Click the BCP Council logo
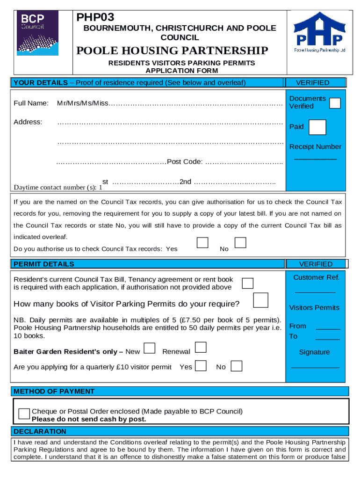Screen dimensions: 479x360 click(x=37, y=33)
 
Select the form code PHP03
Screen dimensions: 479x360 click(x=95, y=18)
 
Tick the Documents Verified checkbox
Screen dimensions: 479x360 click(x=335, y=103)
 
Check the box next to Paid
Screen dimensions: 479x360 click(x=318, y=127)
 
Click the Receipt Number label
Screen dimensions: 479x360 click(x=315, y=147)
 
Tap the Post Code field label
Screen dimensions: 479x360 click(x=185, y=162)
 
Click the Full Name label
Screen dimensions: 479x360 click(x=31, y=103)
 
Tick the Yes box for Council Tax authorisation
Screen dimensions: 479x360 click(x=202, y=243)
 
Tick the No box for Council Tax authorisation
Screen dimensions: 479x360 click(x=240, y=242)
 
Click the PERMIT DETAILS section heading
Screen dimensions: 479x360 click(x=44, y=264)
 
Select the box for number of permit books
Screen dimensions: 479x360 click(x=260, y=300)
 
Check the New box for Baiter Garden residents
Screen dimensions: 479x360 click(x=150, y=348)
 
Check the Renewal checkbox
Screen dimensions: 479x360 click(x=201, y=347)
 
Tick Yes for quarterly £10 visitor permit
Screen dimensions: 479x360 click(x=201, y=365)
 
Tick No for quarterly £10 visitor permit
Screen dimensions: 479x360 click(x=237, y=366)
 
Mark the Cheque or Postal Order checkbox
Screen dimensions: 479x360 click(x=24, y=414)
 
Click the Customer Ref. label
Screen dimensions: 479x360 click(x=316, y=277)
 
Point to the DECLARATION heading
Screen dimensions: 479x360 click(x=40, y=431)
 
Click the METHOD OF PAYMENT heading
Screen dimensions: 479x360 click(x=54, y=391)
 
